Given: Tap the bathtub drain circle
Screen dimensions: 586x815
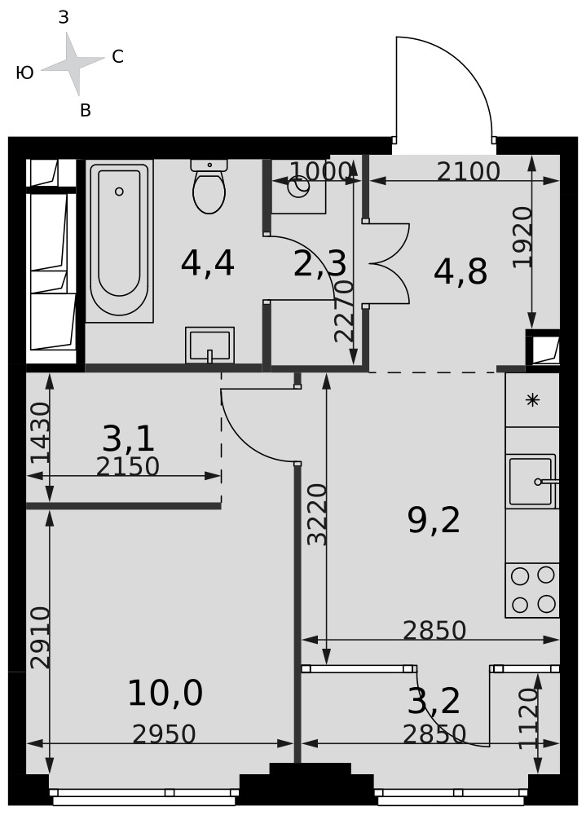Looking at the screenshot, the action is [x=119, y=192].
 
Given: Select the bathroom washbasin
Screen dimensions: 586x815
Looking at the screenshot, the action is [x=209, y=345].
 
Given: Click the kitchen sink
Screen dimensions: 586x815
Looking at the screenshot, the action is [x=532, y=482].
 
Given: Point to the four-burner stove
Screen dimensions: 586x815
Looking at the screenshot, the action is [x=532, y=590].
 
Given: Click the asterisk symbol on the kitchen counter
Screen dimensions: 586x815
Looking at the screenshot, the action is [x=532, y=399].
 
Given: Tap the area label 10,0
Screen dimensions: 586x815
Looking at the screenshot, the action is [x=165, y=694].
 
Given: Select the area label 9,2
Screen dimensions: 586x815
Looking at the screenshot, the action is [x=434, y=521].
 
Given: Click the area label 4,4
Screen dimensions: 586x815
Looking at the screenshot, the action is [x=208, y=263].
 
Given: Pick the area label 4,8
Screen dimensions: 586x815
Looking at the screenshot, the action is [x=460, y=271].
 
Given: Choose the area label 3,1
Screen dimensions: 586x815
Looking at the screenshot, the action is [x=129, y=438].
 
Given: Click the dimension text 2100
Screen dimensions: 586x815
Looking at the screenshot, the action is [x=468, y=171].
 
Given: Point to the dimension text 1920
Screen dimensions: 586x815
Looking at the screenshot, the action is [x=523, y=237].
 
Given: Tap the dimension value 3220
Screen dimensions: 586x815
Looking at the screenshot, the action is [x=317, y=514].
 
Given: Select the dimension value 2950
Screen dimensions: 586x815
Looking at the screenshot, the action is [x=164, y=734].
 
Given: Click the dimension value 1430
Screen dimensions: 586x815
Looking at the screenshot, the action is [x=40, y=433].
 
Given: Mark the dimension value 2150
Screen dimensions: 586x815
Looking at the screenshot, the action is [x=127, y=467].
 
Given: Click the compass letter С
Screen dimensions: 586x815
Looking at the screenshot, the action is [x=118, y=57].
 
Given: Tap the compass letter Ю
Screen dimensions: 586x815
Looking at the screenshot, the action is [x=25, y=73].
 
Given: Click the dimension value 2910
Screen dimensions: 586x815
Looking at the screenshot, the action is [x=40, y=638].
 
